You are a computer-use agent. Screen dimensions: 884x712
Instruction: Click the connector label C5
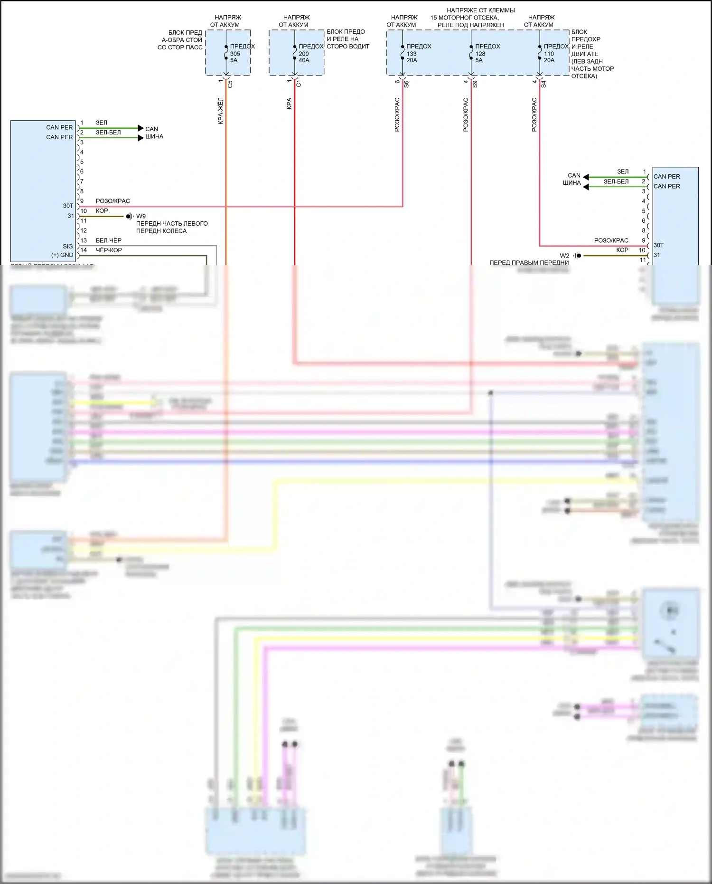[230, 84]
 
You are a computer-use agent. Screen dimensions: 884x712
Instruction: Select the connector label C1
[299, 84]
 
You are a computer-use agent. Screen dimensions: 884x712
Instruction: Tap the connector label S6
[406, 84]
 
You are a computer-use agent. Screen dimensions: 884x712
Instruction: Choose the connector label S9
[475, 84]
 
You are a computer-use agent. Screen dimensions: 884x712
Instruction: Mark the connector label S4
[543, 84]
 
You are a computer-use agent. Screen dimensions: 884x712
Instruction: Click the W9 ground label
[141, 216]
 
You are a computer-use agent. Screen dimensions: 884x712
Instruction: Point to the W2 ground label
[564, 256]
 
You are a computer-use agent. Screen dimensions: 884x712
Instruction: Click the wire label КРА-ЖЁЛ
[221, 111]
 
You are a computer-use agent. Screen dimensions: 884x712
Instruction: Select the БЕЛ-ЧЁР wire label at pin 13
[108, 240]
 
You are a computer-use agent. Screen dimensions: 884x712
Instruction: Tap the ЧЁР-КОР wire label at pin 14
[109, 250]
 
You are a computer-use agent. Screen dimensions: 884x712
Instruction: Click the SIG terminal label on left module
[68, 246]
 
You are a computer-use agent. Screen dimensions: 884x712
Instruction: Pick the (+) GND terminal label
[62, 255]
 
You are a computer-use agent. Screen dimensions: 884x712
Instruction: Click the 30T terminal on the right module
[659, 245]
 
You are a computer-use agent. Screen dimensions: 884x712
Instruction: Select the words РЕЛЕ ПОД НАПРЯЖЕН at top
[470, 25]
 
